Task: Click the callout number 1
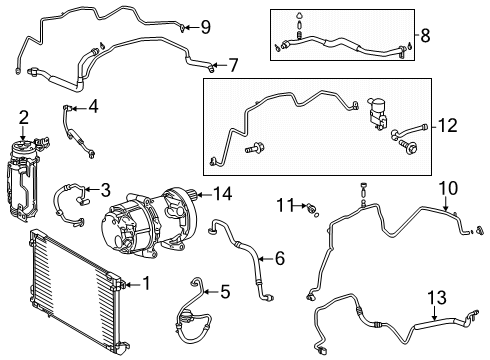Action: click(x=146, y=285)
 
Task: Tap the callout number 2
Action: click(x=23, y=118)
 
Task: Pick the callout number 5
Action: click(x=225, y=292)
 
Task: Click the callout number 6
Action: click(x=279, y=259)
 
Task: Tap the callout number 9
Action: click(x=205, y=26)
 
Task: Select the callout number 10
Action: click(x=448, y=186)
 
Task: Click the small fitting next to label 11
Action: click(x=312, y=207)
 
